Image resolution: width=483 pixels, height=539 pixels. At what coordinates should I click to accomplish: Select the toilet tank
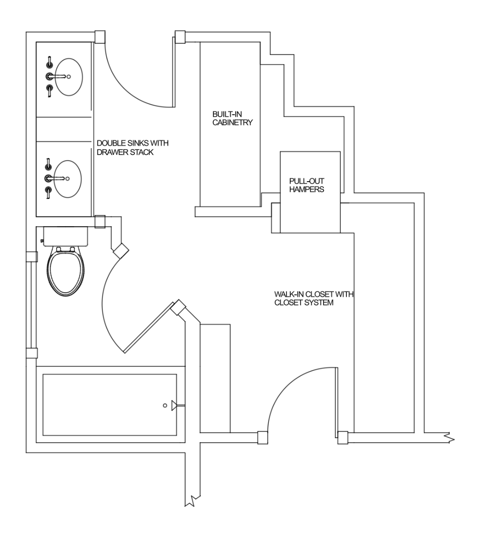click(66, 236)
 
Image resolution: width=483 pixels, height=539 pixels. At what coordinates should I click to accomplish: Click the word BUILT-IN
click(227, 114)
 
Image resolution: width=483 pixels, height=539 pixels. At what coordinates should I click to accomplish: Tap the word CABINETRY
click(232, 123)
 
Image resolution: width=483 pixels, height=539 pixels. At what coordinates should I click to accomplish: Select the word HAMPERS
click(307, 190)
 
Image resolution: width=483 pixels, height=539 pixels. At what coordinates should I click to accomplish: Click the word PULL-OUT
click(307, 181)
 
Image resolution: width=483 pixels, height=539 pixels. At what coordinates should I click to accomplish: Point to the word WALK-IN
click(289, 294)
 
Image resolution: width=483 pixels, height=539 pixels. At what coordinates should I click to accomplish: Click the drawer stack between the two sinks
click(63, 129)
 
